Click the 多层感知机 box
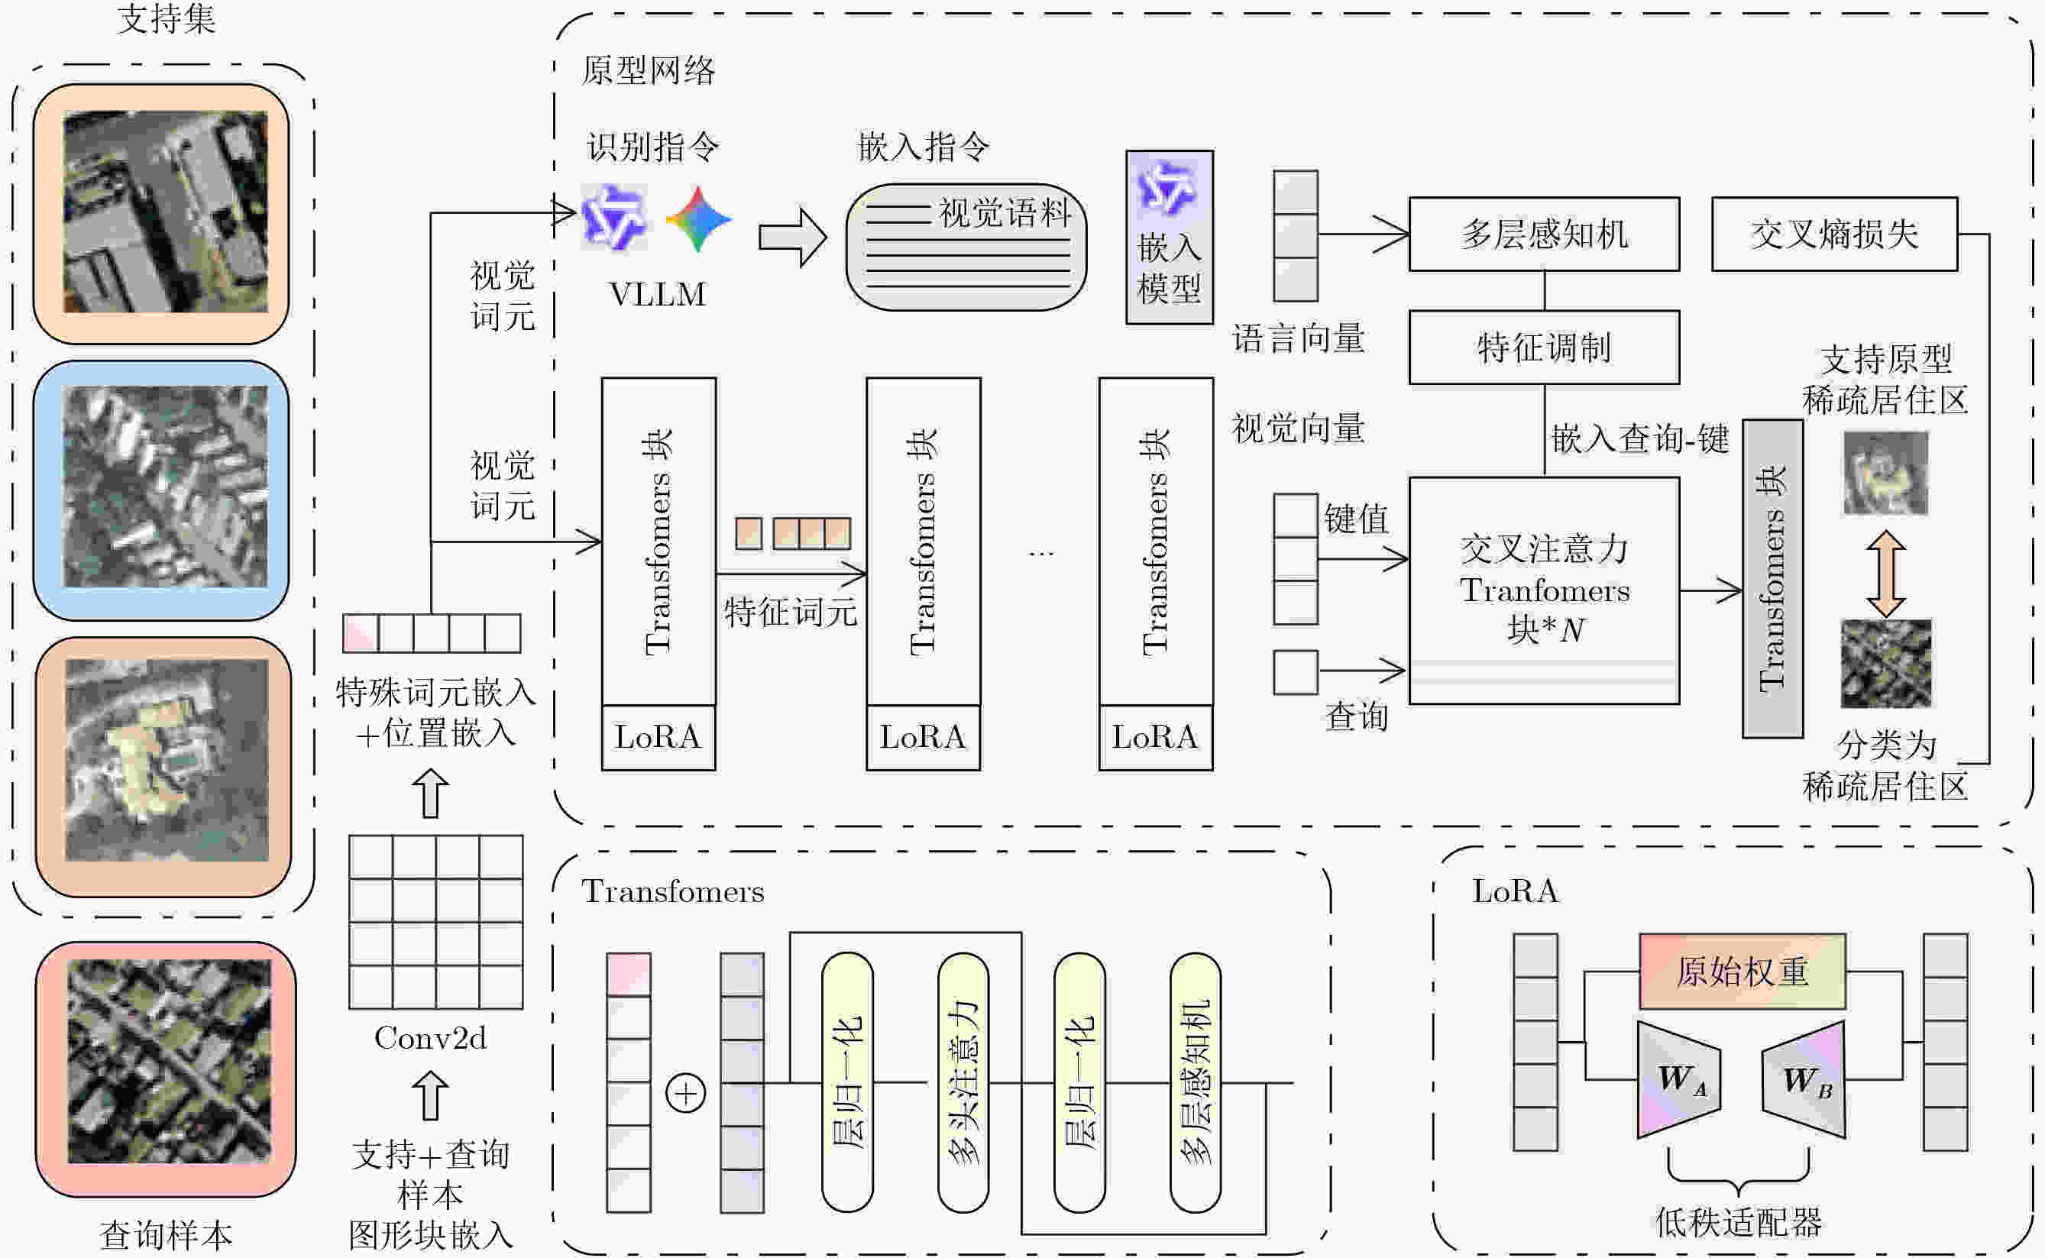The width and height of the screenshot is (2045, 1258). click(x=1543, y=234)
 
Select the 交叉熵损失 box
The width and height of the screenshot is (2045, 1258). click(x=1833, y=234)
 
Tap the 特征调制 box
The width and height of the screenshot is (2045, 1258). click(x=1543, y=347)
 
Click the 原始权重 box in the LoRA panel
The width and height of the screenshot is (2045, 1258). click(x=1741, y=971)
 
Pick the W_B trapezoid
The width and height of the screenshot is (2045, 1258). click(x=1804, y=1079)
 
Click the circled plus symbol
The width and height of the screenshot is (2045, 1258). click(x=685, y=1092)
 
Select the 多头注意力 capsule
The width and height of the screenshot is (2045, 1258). click(x=963, y=1082)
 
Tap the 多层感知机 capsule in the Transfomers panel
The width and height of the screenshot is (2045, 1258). click(x=1195, y=1082)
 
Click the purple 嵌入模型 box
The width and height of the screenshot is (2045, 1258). click(x=1169, y=237)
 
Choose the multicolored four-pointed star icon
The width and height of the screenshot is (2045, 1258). click(x=698, y=218)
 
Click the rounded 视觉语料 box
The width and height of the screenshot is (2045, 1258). click(x=966, y=247)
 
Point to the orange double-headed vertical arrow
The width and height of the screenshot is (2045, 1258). click(x=1885, y=574)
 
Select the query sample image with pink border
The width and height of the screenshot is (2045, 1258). click(x=167, y=1069)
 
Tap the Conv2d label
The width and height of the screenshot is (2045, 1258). click(x=430, y=1037)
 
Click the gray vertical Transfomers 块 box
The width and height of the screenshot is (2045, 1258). click(x=1772, y=578)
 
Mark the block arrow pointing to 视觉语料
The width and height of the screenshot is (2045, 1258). click(x=792, y=237)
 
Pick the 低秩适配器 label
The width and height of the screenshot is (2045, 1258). click(x=1738, y=1221)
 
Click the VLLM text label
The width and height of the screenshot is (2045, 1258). click(x=657, y=295)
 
